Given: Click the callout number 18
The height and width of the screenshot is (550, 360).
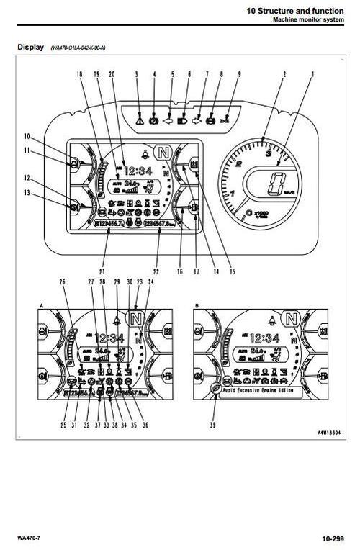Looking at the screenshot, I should pos(78,74).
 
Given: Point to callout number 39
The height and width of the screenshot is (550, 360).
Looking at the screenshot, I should pos(211,427).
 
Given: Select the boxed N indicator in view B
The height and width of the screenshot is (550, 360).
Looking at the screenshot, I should pos(290,317).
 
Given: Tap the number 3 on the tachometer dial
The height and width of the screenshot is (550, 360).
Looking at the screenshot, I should pos(268,153).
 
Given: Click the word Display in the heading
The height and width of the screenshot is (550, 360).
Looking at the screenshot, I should pos(30,48).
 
